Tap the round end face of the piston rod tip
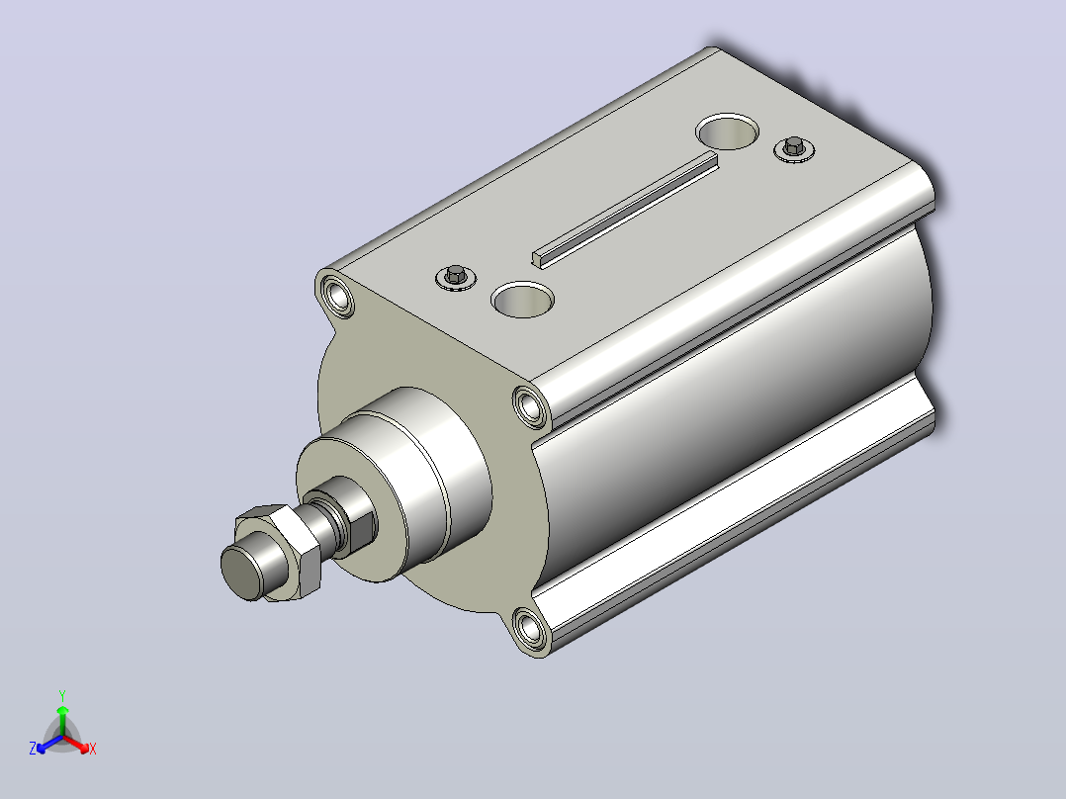(242, 570)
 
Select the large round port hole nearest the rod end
(522, 300)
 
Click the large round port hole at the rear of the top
(727, 132)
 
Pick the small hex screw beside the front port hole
(456, 277)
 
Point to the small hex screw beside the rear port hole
(794, 148)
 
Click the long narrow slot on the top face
(625, 209)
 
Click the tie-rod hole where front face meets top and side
(530, 406)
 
